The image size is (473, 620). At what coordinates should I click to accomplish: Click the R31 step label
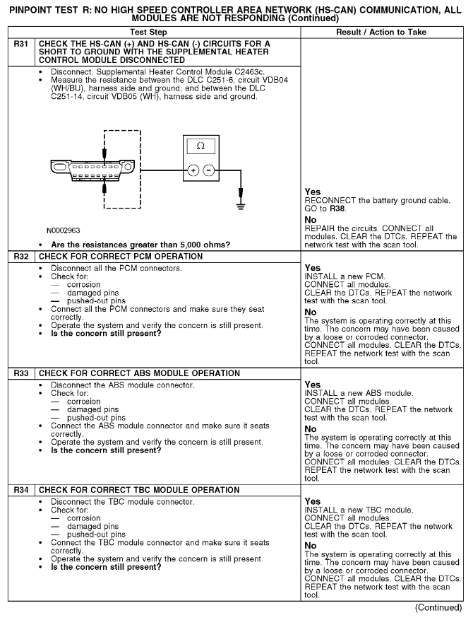tap(20, 44)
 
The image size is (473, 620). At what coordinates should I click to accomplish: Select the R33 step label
tap(20, 373)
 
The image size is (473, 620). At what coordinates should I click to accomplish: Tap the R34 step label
tap(20, 490)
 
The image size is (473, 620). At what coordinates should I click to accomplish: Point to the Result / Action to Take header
tap(382, 32)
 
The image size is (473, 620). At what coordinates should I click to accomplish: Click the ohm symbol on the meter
tap(200, 146)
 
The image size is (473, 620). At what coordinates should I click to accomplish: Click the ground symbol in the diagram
tap(242, 206)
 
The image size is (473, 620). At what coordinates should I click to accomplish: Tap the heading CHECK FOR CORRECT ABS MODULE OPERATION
tap(139, 373)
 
